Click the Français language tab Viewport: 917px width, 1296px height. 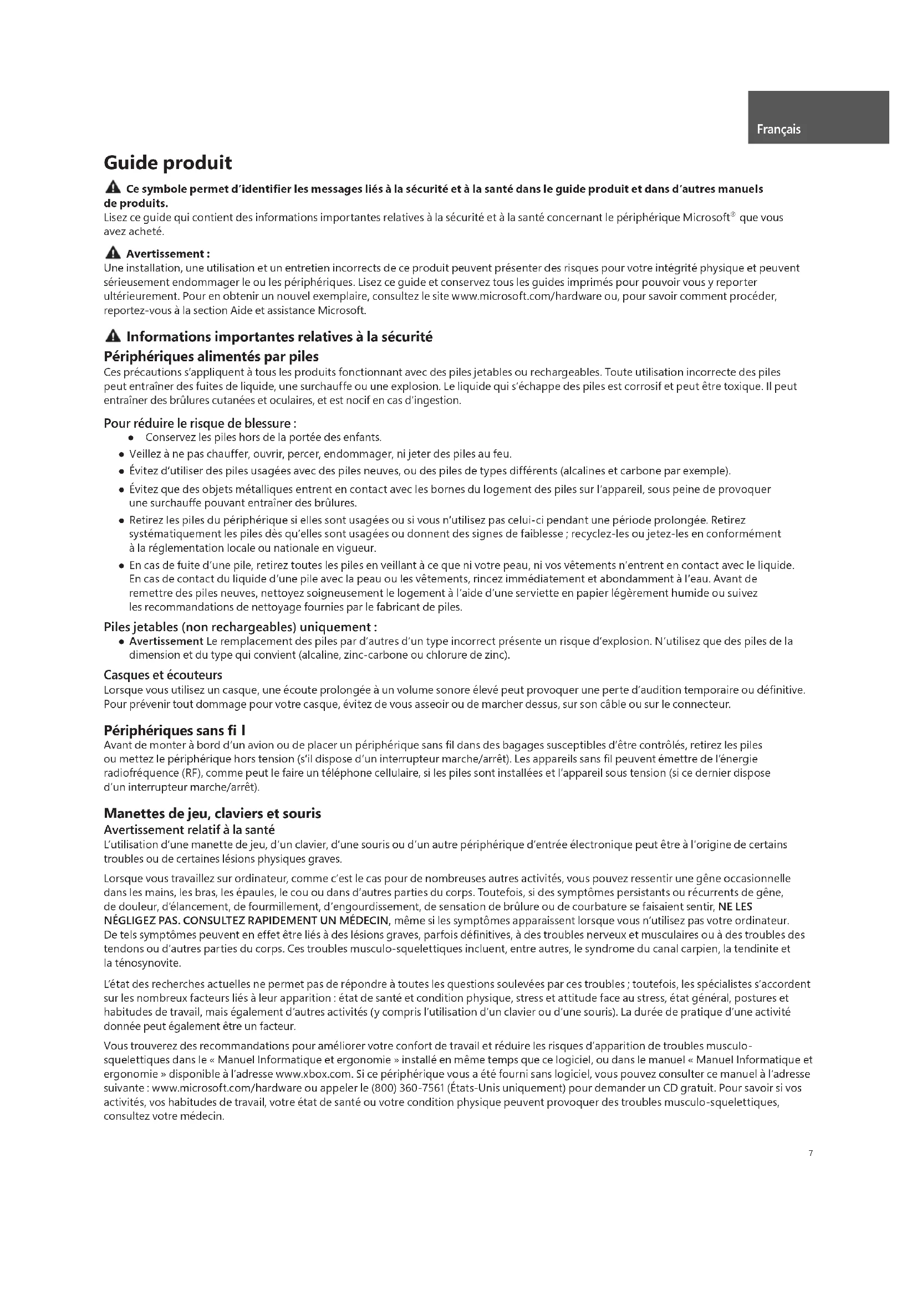[778, 129]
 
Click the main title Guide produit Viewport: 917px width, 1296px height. [167, 163]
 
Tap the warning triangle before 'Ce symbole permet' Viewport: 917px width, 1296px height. [113, 187]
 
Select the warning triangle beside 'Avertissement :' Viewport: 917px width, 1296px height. [113, 253]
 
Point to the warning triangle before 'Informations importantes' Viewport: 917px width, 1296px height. [113, 337]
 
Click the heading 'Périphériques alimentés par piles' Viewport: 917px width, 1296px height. [211, 357]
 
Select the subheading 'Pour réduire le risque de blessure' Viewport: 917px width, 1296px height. [200, 423]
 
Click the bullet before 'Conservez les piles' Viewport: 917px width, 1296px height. [131, 438]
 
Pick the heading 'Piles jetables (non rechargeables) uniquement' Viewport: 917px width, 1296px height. [240, 627]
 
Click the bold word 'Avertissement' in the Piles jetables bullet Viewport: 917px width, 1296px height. [166, 641]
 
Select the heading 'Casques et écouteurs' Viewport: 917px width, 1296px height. [162, 675]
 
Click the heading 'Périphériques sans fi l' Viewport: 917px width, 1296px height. [175, 730]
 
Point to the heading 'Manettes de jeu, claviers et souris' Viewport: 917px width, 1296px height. [212, 813]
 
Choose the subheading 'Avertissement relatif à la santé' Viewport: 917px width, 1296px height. [189, 830]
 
